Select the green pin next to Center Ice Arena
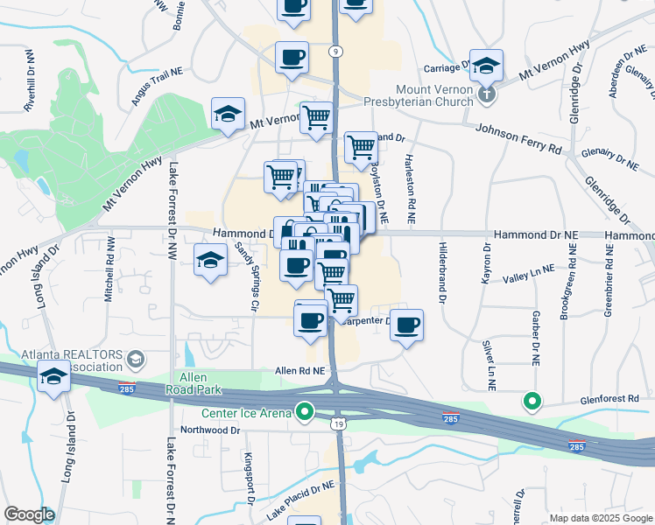coord(305,409)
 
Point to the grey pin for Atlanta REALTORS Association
coord(135,358)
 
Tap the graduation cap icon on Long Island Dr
coord(53,377)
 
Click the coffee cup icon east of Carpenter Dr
coord(406,325)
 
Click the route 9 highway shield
coord(336,52)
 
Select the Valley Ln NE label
coord(530,276)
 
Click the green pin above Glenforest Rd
coord(532,402)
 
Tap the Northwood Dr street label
coord(209,430)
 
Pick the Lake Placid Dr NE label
coord(301,498)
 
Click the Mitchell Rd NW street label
coord(110,277)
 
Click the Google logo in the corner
coord(29,514)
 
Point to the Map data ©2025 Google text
coord(600,518)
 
